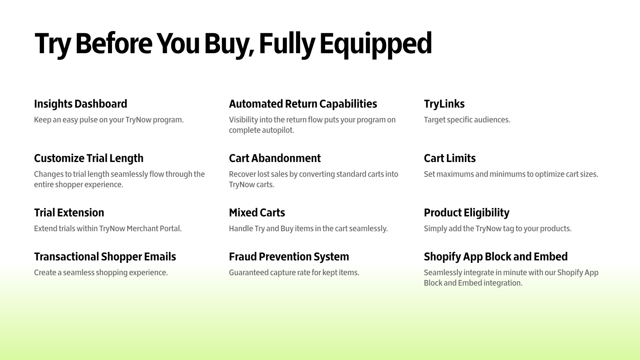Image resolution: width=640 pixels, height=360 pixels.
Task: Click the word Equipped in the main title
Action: [376, 45]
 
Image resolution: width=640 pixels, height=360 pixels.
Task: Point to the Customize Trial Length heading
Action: [88, 158]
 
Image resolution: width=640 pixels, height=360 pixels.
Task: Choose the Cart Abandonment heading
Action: [275, 158]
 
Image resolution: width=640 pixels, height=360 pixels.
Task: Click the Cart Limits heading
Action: [450, 158]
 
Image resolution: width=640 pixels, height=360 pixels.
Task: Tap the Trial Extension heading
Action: [69, 213]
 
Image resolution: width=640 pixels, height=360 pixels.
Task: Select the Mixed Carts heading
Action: [257, 213]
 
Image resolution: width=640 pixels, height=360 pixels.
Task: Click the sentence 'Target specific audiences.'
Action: [467, 120]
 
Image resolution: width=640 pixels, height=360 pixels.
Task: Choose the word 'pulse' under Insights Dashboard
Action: [88, 120]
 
